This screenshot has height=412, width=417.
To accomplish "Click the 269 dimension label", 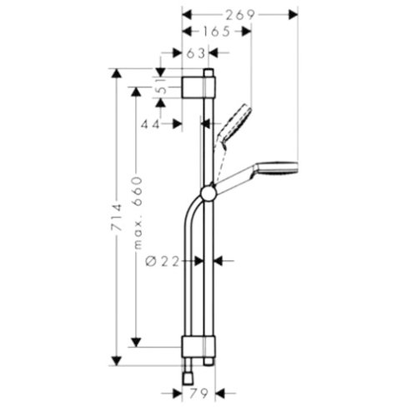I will (239, 14).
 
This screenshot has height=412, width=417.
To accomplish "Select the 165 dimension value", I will (216, 33).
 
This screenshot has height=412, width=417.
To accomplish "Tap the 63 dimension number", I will (196, 53).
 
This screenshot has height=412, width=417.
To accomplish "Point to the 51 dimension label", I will (162, 86).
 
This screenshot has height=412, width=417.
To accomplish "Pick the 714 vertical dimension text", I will (116, 214).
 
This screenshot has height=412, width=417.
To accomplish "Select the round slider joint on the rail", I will (208, 194).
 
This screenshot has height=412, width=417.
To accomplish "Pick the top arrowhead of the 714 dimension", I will (116, 73).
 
